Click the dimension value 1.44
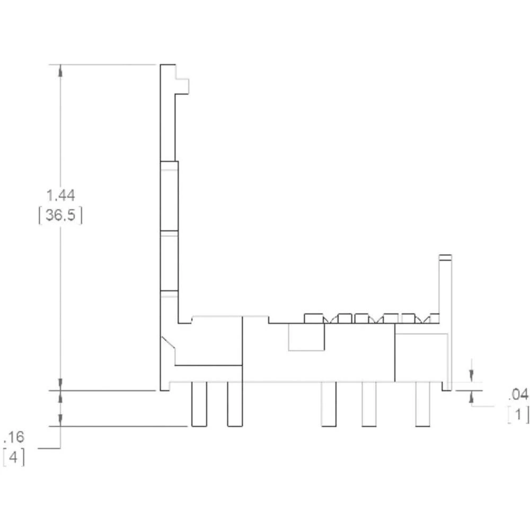60,195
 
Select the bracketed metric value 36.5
60,216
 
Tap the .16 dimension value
14,437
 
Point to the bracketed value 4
14,457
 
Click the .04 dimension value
518,394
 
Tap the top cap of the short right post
446,258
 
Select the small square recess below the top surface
306,337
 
